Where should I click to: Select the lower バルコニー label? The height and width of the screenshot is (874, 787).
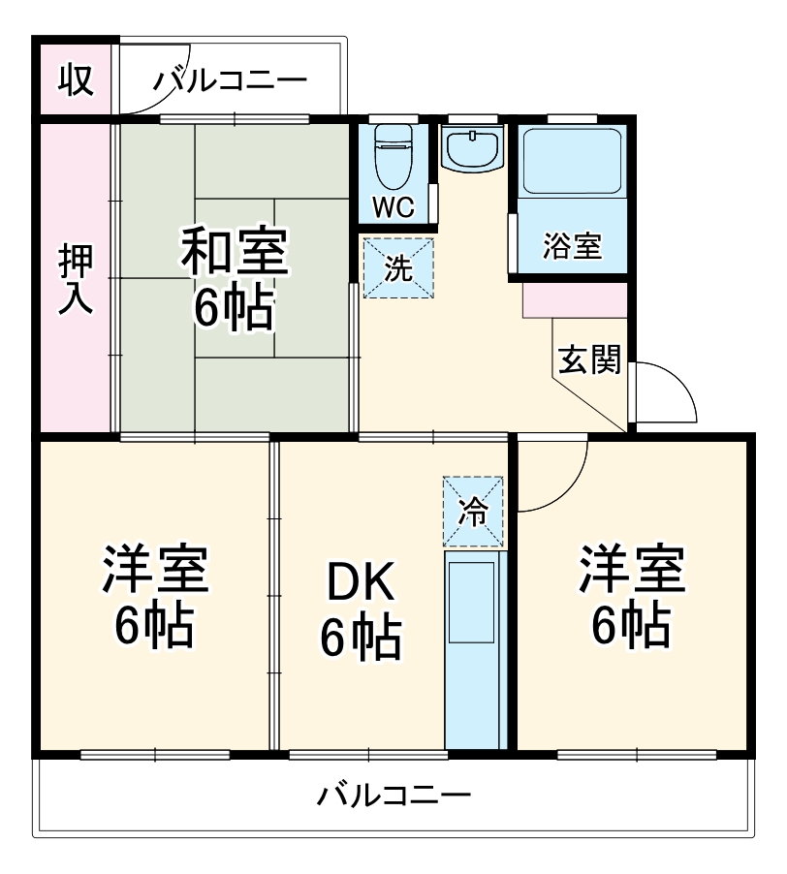394,796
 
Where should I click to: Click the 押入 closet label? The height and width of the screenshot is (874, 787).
75,279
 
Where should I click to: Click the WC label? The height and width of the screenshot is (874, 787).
393,206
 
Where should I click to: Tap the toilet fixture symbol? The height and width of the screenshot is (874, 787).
393,154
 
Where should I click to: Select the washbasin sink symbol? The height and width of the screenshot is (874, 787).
472,148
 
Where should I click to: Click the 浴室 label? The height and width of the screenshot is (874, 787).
571,247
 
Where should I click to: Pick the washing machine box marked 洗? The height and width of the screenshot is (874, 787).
398,268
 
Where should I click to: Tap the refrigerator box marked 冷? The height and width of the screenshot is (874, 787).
474,511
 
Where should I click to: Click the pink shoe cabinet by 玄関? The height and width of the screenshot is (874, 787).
574,300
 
